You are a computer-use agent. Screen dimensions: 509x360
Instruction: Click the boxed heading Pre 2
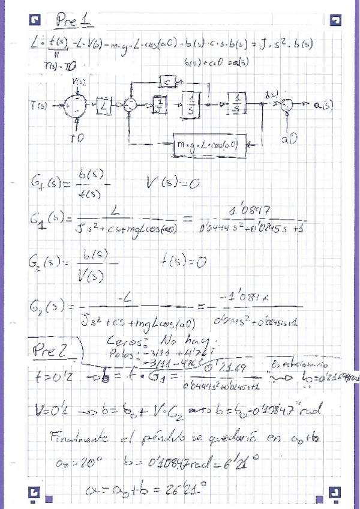61,349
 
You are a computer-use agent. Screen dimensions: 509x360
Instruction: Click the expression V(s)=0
173,184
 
